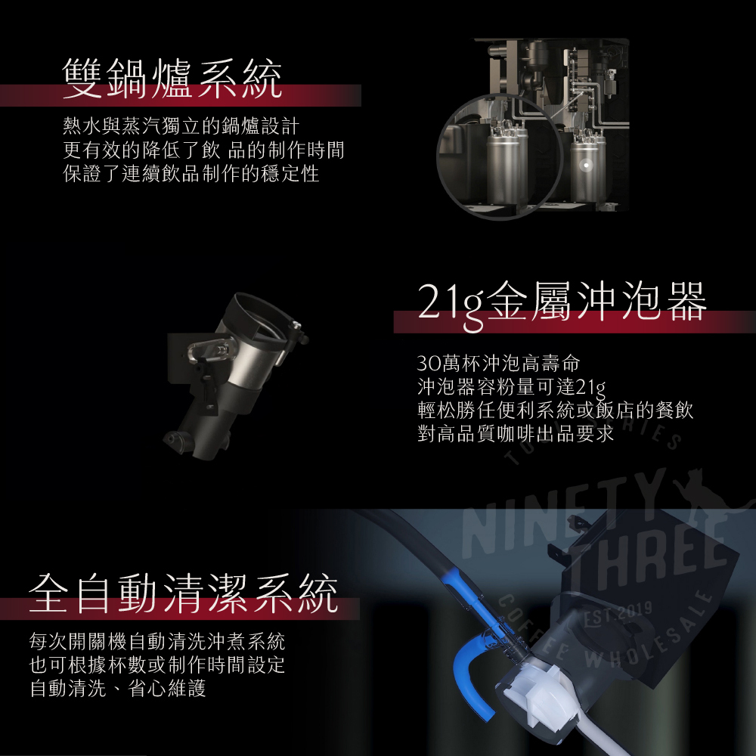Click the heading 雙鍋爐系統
coord(172,79)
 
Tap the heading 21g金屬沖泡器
coord(562,304)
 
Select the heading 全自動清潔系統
coord(183,593)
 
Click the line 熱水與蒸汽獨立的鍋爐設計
coord(181,126)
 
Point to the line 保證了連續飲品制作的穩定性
coord(191,174)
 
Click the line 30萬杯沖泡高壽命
coord(498,363)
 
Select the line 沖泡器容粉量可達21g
coord(511,387)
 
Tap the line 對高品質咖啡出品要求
coord(516,433)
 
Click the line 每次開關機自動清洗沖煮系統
coord(157,641)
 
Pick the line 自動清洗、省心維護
coord(118,688)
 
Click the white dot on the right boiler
coord(587,165)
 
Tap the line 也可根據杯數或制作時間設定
coord(157,665)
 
